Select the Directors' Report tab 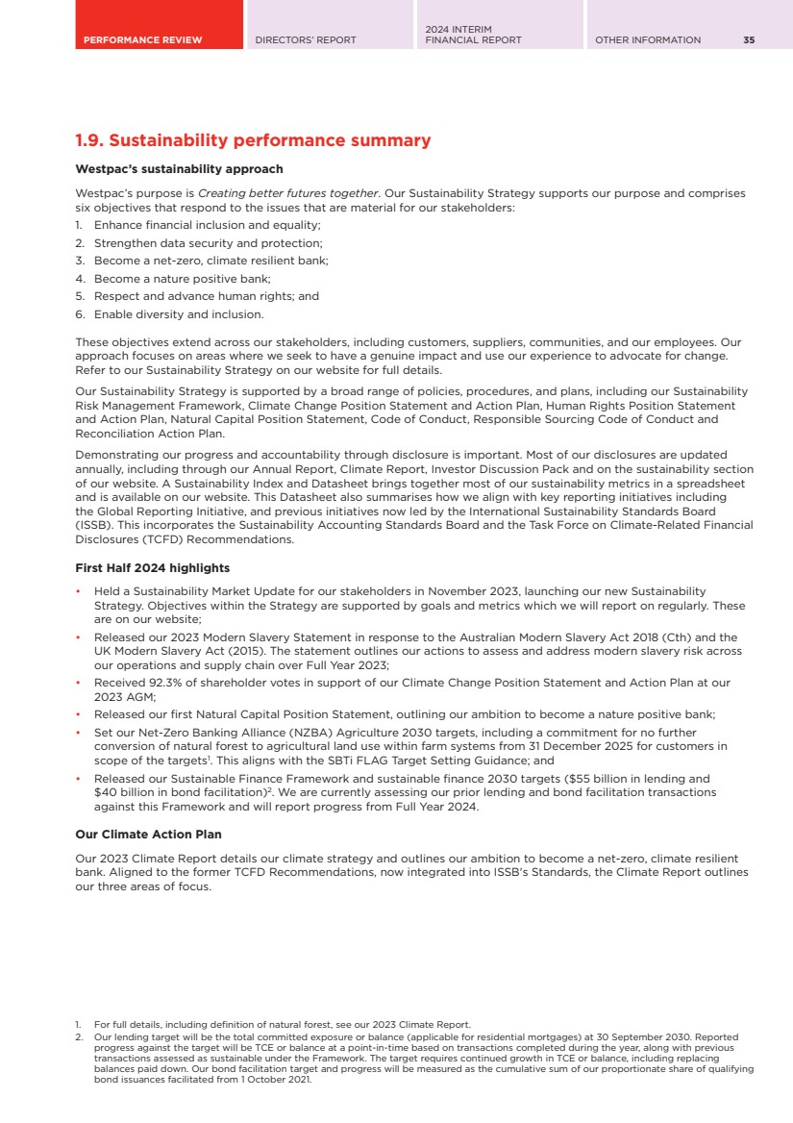306,40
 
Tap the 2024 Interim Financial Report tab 473,35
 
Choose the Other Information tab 648,40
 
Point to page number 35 749,40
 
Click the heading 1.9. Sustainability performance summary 253,141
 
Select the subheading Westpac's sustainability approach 179,169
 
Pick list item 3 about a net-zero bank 211,261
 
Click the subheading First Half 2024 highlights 152,568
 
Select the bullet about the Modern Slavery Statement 413,651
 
